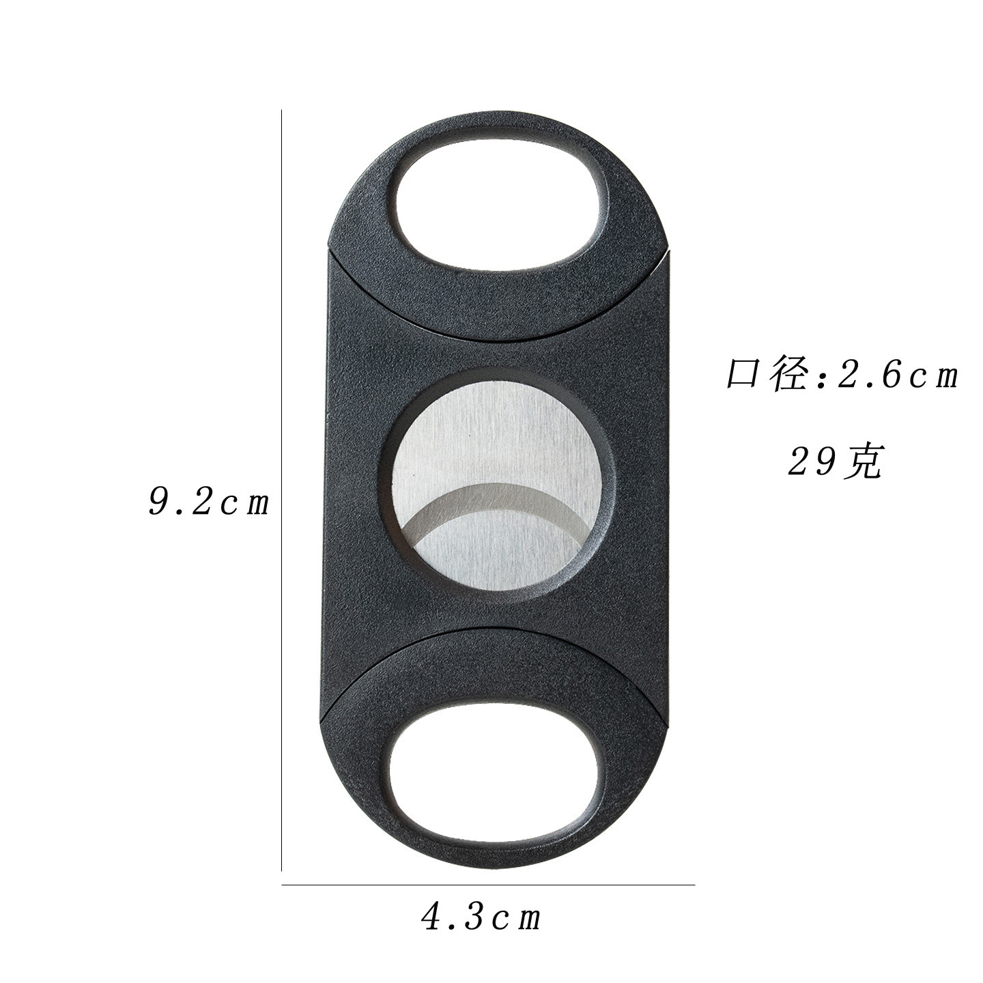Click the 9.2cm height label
point(209,503)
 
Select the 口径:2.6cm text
point(842,375)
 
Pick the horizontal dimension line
point(487,885)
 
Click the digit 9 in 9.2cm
point(159,503)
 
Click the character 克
point(863,462)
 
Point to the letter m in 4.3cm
point(528,919)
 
